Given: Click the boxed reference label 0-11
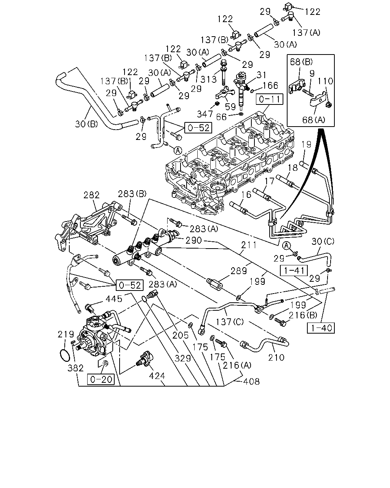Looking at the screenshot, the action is click(x=269, y=99).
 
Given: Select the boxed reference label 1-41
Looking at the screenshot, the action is click(x=294, y=271).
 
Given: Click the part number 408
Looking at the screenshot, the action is click(x=251, y=381).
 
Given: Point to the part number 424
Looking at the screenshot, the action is click(x=157, y=376).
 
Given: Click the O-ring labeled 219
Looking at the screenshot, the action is click(x=65, y=356).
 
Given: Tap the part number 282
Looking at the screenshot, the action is click(x=91, y=195).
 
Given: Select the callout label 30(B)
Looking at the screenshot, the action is click(x=86, y=124).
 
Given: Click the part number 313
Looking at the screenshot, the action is click(x=209, y=79).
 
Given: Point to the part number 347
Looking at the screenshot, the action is click(x=205, y=114).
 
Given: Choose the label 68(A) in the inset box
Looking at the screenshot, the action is click(x=314, y=120).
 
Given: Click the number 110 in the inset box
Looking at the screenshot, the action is click(x=325, y=81).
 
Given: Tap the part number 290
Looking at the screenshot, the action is click(x=193, y=240).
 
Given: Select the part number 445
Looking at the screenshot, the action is click(x=114, y=299).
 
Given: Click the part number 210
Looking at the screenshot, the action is click(x=276, y=358).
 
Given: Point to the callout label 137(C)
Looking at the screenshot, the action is click(x=230, y=322).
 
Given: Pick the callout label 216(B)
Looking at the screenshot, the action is click(x=303, y=315).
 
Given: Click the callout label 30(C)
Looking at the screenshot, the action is click(x=323, y=241).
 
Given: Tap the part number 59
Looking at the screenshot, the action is click(x=230, y=106).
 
